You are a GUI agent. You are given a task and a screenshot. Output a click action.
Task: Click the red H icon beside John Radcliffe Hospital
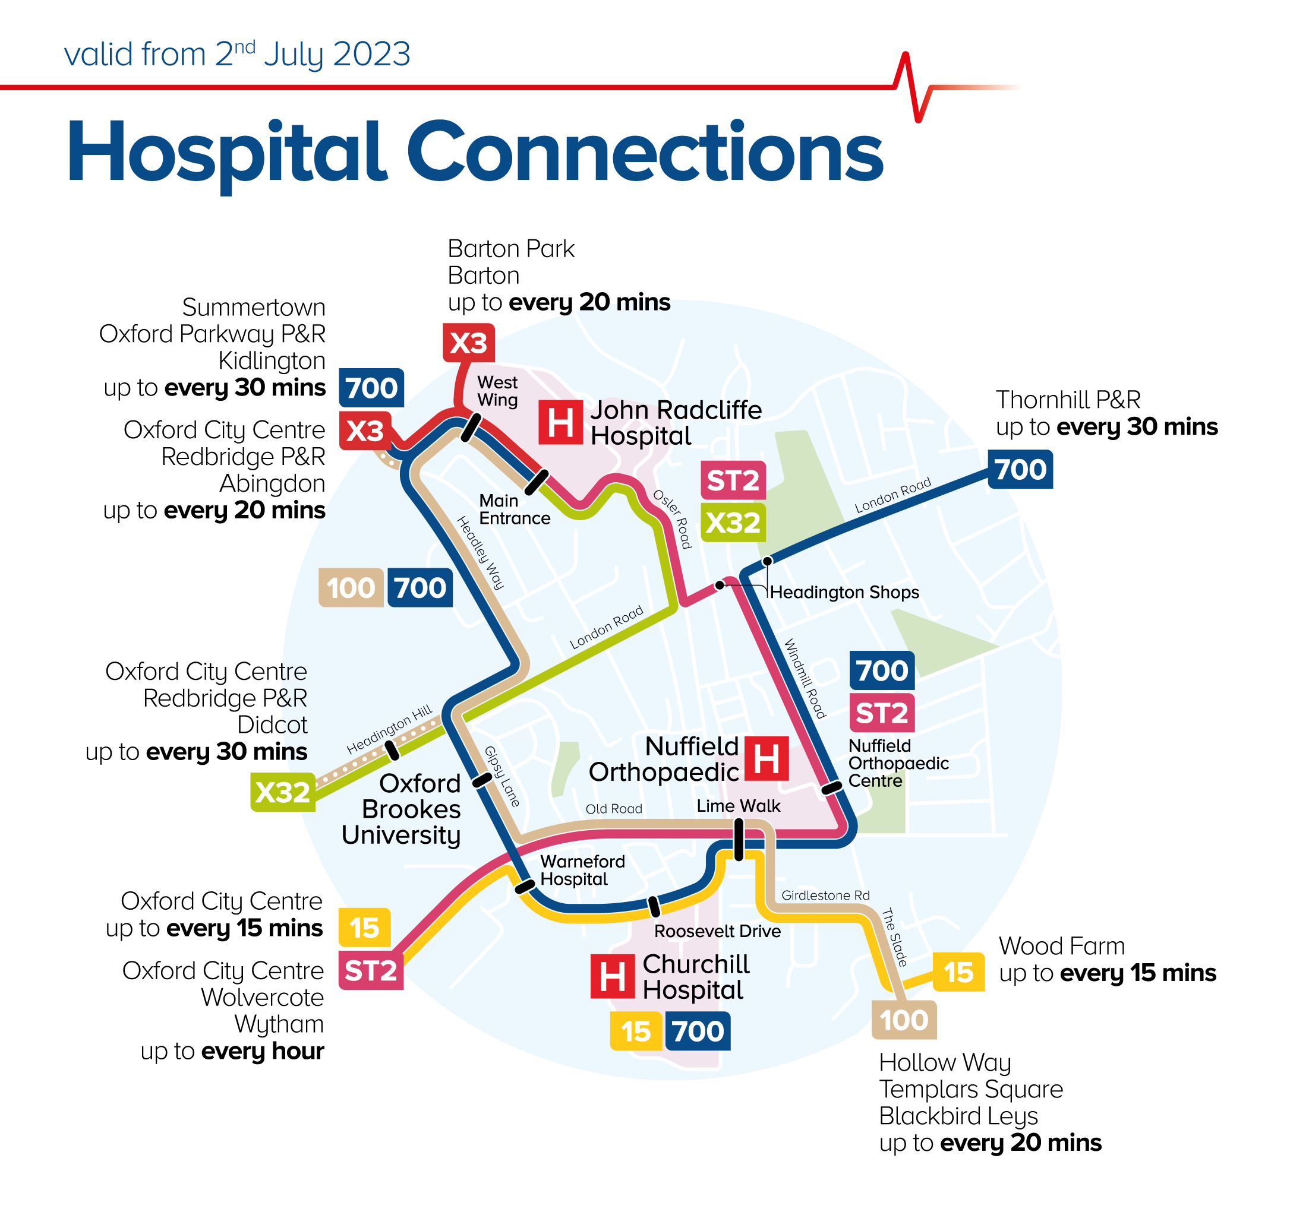pos(560,422)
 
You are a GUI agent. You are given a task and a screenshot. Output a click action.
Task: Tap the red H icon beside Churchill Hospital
pos(611,977)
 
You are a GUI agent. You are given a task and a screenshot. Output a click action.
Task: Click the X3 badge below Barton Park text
pos(468,343)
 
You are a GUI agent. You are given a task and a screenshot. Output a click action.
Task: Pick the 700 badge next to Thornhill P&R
pos(1020,469)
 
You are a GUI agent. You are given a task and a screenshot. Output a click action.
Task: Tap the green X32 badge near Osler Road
pos(732,523)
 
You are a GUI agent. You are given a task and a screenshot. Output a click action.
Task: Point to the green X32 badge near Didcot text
pos(282,792)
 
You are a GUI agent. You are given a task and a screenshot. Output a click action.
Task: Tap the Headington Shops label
pos(844,592)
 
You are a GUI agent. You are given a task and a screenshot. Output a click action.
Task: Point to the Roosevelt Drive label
pos(717,931)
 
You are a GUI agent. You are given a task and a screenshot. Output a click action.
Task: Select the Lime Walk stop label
pos(738,806)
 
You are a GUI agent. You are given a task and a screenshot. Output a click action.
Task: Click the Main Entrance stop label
pos(514,510)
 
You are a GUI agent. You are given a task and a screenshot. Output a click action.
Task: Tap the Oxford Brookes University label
pos(402,809)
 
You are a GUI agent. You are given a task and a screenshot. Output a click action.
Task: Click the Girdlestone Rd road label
pos(825,895)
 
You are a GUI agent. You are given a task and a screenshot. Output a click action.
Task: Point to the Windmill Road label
pos(805,678)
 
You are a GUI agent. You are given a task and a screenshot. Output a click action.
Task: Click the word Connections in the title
pos(645,152)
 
